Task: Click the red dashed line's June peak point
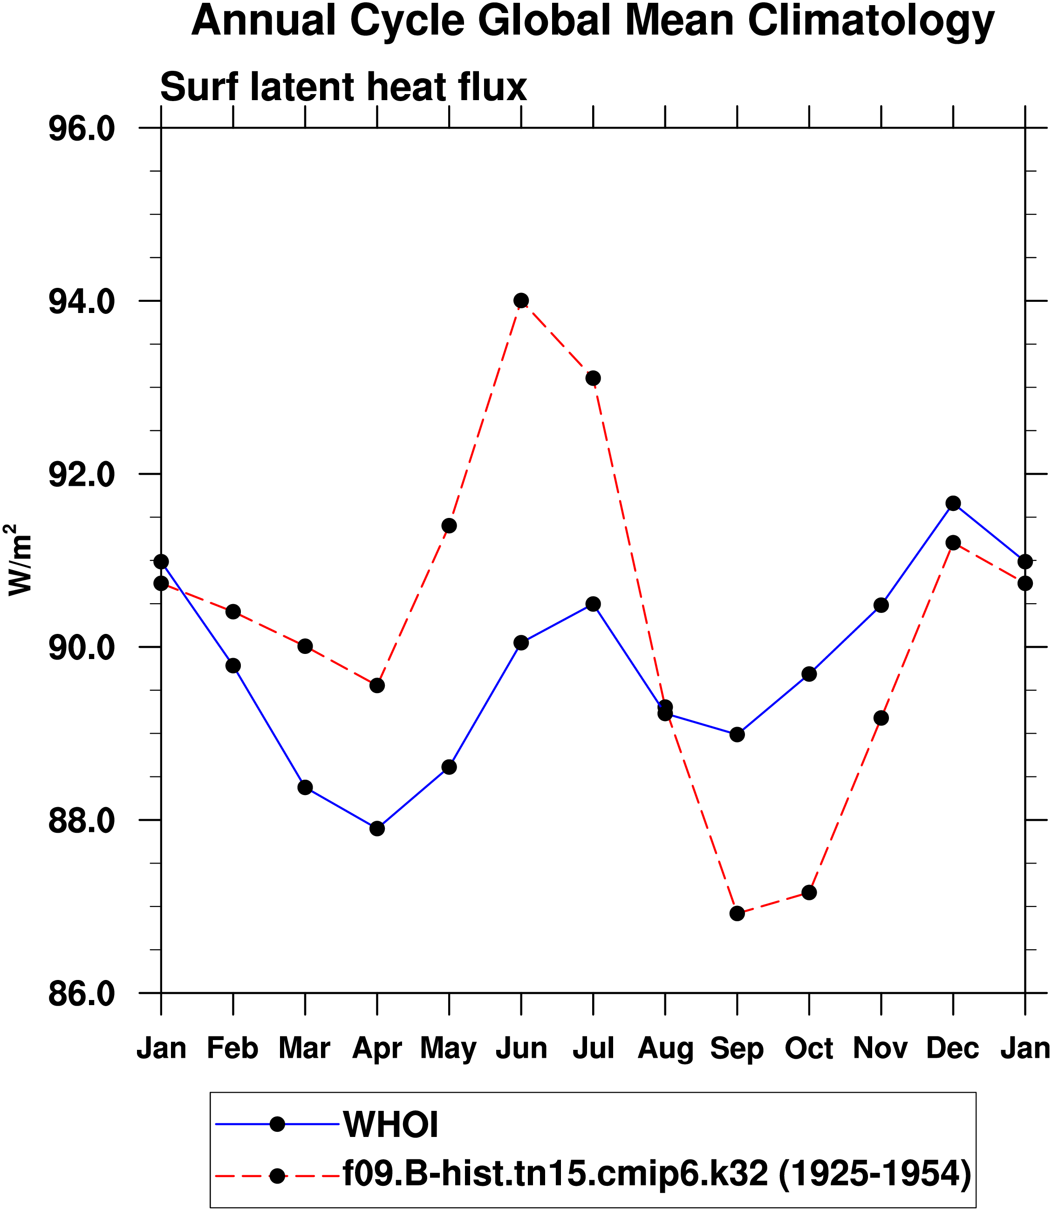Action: (521, 300)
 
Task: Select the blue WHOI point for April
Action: (377, 828)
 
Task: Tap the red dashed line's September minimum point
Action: (737, 913)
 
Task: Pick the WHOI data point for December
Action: (953, 503)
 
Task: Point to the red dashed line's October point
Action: (809, 892)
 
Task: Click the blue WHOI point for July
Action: (593, 604)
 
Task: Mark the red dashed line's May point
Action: (449, 525)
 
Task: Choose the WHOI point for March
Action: (305, 787)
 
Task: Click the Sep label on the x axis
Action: (737, 1048)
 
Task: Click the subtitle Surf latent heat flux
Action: (343, 87)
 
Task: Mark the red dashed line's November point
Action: (881, 718)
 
